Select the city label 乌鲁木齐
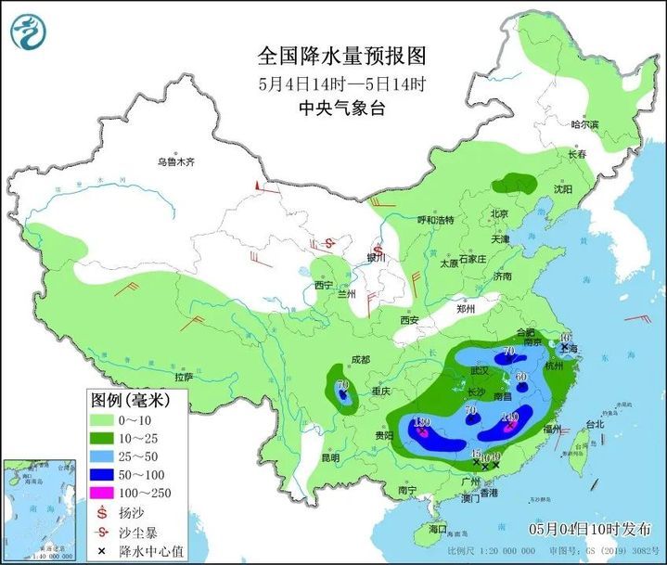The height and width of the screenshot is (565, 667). click(x=176, y=161)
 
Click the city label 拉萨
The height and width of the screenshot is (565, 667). click(x=183, y=377)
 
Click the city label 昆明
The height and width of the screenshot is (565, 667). click(x=330, y=457)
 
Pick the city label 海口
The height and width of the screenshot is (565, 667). click(x=437, y=529)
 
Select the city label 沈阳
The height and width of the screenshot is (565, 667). click(x=562, y=188)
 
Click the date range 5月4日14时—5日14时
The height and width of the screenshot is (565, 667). click(x=341, y=83)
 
